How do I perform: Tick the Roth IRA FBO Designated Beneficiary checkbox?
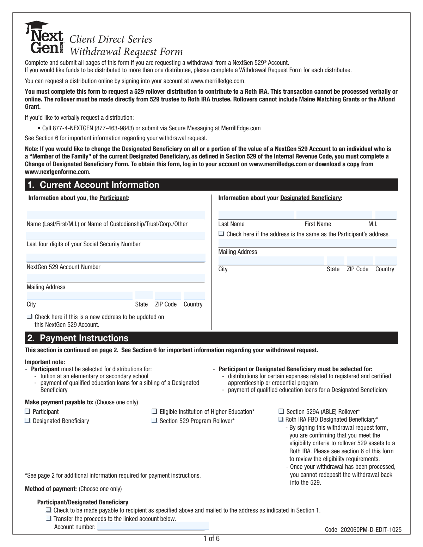point(281,419)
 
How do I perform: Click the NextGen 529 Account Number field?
point(116,258)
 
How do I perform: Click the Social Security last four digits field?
point(116,236)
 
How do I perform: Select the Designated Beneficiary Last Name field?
point(256,215)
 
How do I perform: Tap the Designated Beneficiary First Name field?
point(334,215)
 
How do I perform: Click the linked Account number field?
point(153,526)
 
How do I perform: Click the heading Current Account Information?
point(100,185)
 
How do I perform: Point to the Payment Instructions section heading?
point(84,338)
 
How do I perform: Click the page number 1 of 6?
point(211,539)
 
